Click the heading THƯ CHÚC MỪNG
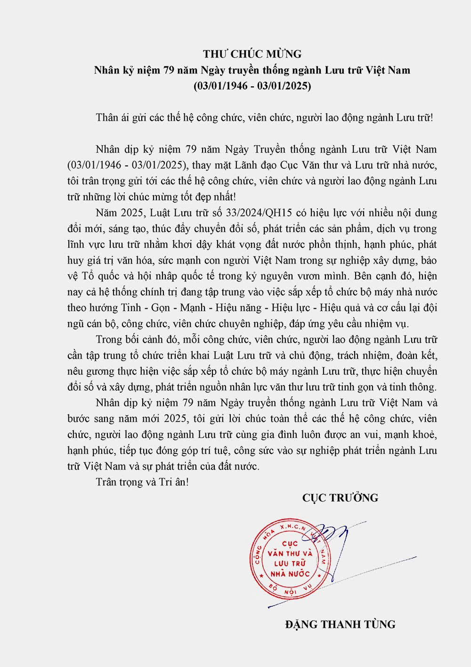252,54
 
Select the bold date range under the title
252,86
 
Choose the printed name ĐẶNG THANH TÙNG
340,625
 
